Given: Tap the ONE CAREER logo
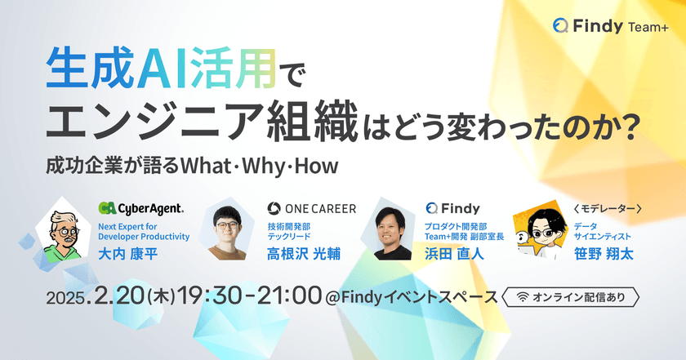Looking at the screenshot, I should click(312, 209).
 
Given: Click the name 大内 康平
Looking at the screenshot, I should click(127, 254).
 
